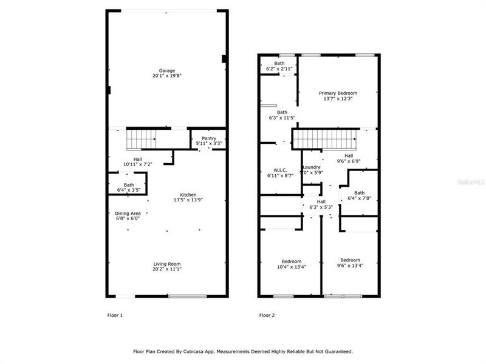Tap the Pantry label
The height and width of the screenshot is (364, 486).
tap(209, 138)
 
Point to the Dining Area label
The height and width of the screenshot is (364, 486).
tap(128, 213)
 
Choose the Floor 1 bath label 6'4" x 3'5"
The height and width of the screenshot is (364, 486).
tap(129, 190)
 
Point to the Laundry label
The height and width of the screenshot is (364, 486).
tap(312, 167)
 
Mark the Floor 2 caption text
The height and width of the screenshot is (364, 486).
tap(267, 315)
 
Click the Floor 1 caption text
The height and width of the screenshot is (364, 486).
tap(115, 315)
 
